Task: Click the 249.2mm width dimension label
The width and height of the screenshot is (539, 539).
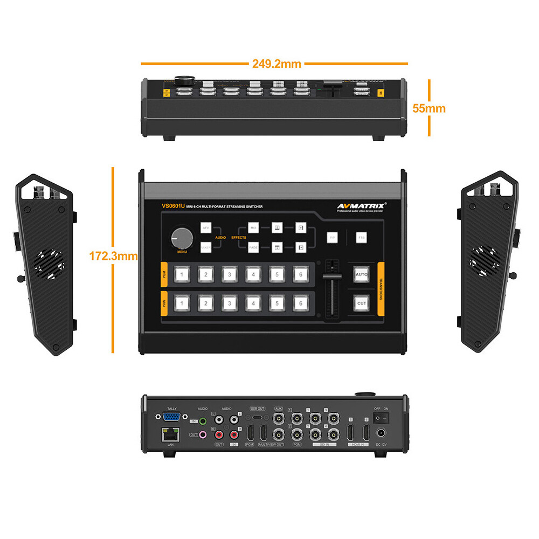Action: point(277,64)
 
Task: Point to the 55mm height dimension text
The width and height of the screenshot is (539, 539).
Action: point(429,108)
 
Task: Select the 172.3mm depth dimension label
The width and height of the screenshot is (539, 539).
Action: point(113,256)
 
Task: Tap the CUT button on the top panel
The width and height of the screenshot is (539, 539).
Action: point(362,303)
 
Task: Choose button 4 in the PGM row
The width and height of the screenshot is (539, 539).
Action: point(253,274)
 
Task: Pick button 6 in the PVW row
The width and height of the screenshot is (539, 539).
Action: point(301,303)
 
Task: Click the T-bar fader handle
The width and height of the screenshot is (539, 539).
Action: point(331,276)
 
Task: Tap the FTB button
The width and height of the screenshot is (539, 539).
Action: point(361,237)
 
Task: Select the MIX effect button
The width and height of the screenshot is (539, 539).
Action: point(253,229)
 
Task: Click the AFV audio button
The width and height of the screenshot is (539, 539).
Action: point(206,229)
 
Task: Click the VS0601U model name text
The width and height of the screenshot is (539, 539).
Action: point(173,206)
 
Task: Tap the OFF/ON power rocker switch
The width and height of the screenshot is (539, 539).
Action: point(382,417)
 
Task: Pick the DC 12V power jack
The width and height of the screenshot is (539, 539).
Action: point(382,433)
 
